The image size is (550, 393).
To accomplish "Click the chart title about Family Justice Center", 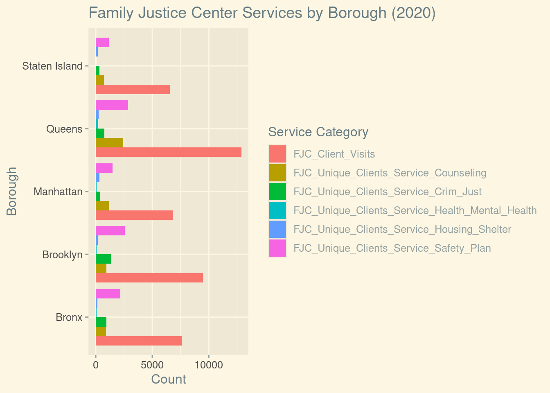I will tap(262, 13).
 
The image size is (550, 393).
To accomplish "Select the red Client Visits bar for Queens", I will tap(168, 152).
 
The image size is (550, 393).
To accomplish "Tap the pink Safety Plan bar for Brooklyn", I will tap(110, 230).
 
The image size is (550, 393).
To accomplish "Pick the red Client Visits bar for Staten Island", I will tap(133, 89).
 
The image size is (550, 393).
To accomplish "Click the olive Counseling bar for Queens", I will tap(109, 142).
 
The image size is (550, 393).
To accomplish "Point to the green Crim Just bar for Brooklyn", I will tap(103, 259).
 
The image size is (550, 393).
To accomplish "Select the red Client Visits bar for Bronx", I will tap(138, 341).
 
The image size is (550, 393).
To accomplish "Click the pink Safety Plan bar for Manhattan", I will tap(104, 168).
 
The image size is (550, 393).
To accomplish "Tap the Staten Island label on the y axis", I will tap(52, 66).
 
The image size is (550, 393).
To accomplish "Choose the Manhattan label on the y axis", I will tap(58, 192).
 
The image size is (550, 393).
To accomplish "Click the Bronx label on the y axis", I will tap(69, 317).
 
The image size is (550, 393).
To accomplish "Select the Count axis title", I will tap(169, 379).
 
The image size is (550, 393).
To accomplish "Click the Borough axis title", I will tap(12, 191).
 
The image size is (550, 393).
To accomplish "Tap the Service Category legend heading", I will tap(318, 132).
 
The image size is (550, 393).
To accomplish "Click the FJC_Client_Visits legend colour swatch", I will tap(277, 154).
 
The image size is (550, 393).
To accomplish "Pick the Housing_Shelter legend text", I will tap(402, 229).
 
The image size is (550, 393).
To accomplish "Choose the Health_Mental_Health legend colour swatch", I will tap(277, 210).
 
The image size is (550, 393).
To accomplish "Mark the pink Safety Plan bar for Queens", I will tap(112, 105).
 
